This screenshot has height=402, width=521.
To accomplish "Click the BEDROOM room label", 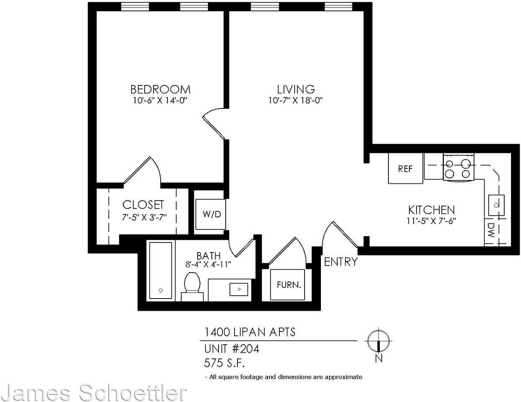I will point(160,89).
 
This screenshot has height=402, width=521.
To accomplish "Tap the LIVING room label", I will point(296,89).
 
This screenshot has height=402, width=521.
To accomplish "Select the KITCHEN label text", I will point(431,210).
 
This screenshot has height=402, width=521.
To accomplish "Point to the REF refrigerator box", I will point(405,168).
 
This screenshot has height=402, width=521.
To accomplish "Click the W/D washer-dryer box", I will point(211,214).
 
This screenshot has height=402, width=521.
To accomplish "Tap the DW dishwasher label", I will point(490,231).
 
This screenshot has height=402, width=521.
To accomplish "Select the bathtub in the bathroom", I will point(161,271).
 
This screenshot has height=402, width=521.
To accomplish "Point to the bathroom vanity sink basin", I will point(239,289).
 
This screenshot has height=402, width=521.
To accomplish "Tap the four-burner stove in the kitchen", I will point(458,168).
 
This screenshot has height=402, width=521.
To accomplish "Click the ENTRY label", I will point(341,262).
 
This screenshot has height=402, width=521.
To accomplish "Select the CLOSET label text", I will point(143,205).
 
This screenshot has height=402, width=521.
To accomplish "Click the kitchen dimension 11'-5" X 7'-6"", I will point(431,221).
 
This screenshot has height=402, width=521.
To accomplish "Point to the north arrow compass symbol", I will point(378,342).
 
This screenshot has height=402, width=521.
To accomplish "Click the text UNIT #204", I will point(232,348).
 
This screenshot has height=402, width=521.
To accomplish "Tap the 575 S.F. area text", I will point(224,362).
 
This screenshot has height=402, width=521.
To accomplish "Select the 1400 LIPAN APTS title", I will point(250,332).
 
